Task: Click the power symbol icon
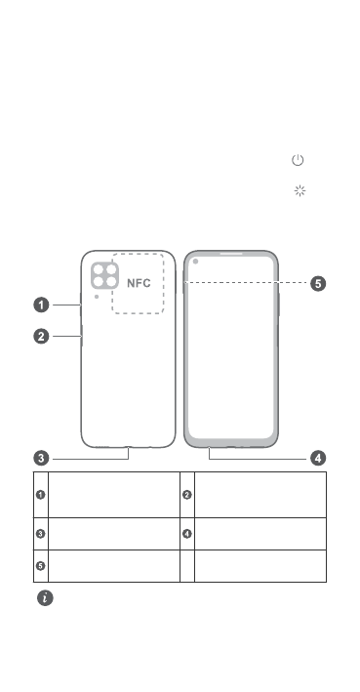(298, 160)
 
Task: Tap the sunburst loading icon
(300, 190)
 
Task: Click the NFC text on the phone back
(139, 283)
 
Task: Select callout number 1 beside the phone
(42, 305)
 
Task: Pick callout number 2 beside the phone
(42, 337)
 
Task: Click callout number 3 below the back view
(42, 458)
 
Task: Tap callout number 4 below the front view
(318, 458)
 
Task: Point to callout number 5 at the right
(318, 283)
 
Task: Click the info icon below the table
(45, 598)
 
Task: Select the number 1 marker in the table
(41, 495)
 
